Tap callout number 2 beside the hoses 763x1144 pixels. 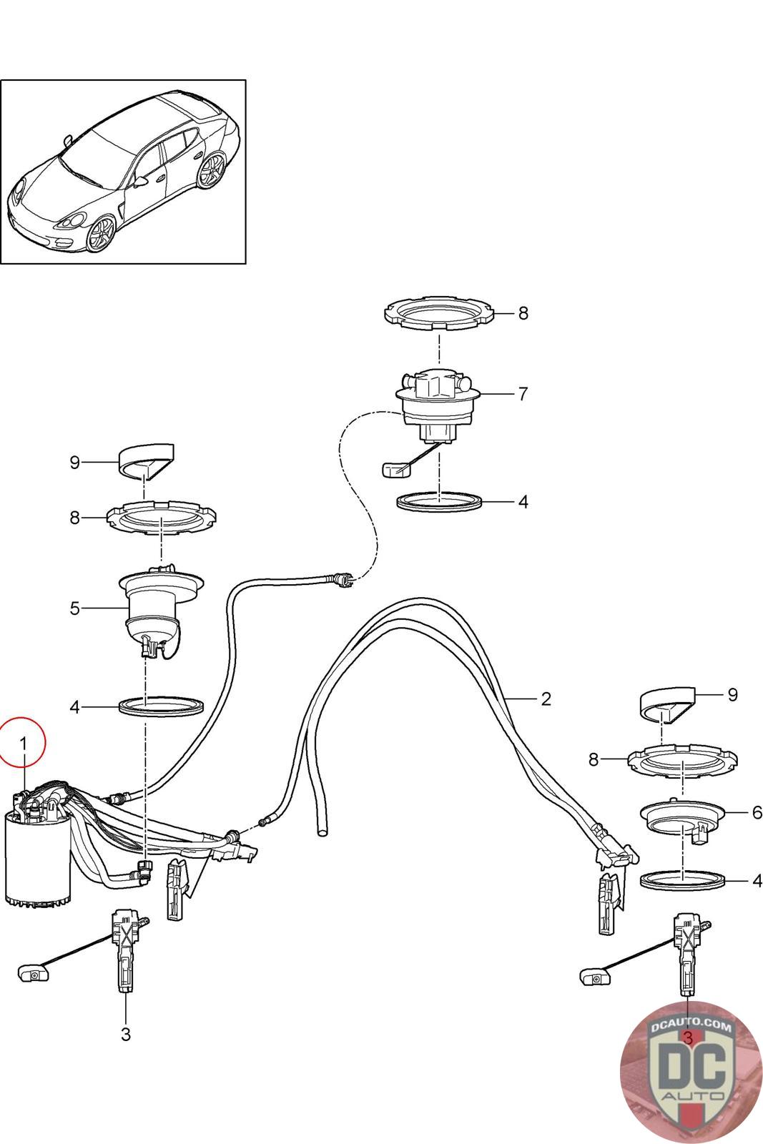pos(546,699)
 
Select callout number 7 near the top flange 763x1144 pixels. pos(523,394)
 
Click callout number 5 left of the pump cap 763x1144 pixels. pos(75,608)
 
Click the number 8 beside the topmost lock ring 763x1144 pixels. pos(523,313)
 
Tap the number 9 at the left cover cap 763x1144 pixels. pos(75,463)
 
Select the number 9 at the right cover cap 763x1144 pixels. pos(732,694)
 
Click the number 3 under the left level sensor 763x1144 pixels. pos(126,1034)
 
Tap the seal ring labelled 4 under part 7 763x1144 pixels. pos(439,501)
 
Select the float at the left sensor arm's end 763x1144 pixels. pos(32,972)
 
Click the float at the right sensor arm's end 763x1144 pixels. pos(594,975)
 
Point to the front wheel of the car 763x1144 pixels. pos(101,233)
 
